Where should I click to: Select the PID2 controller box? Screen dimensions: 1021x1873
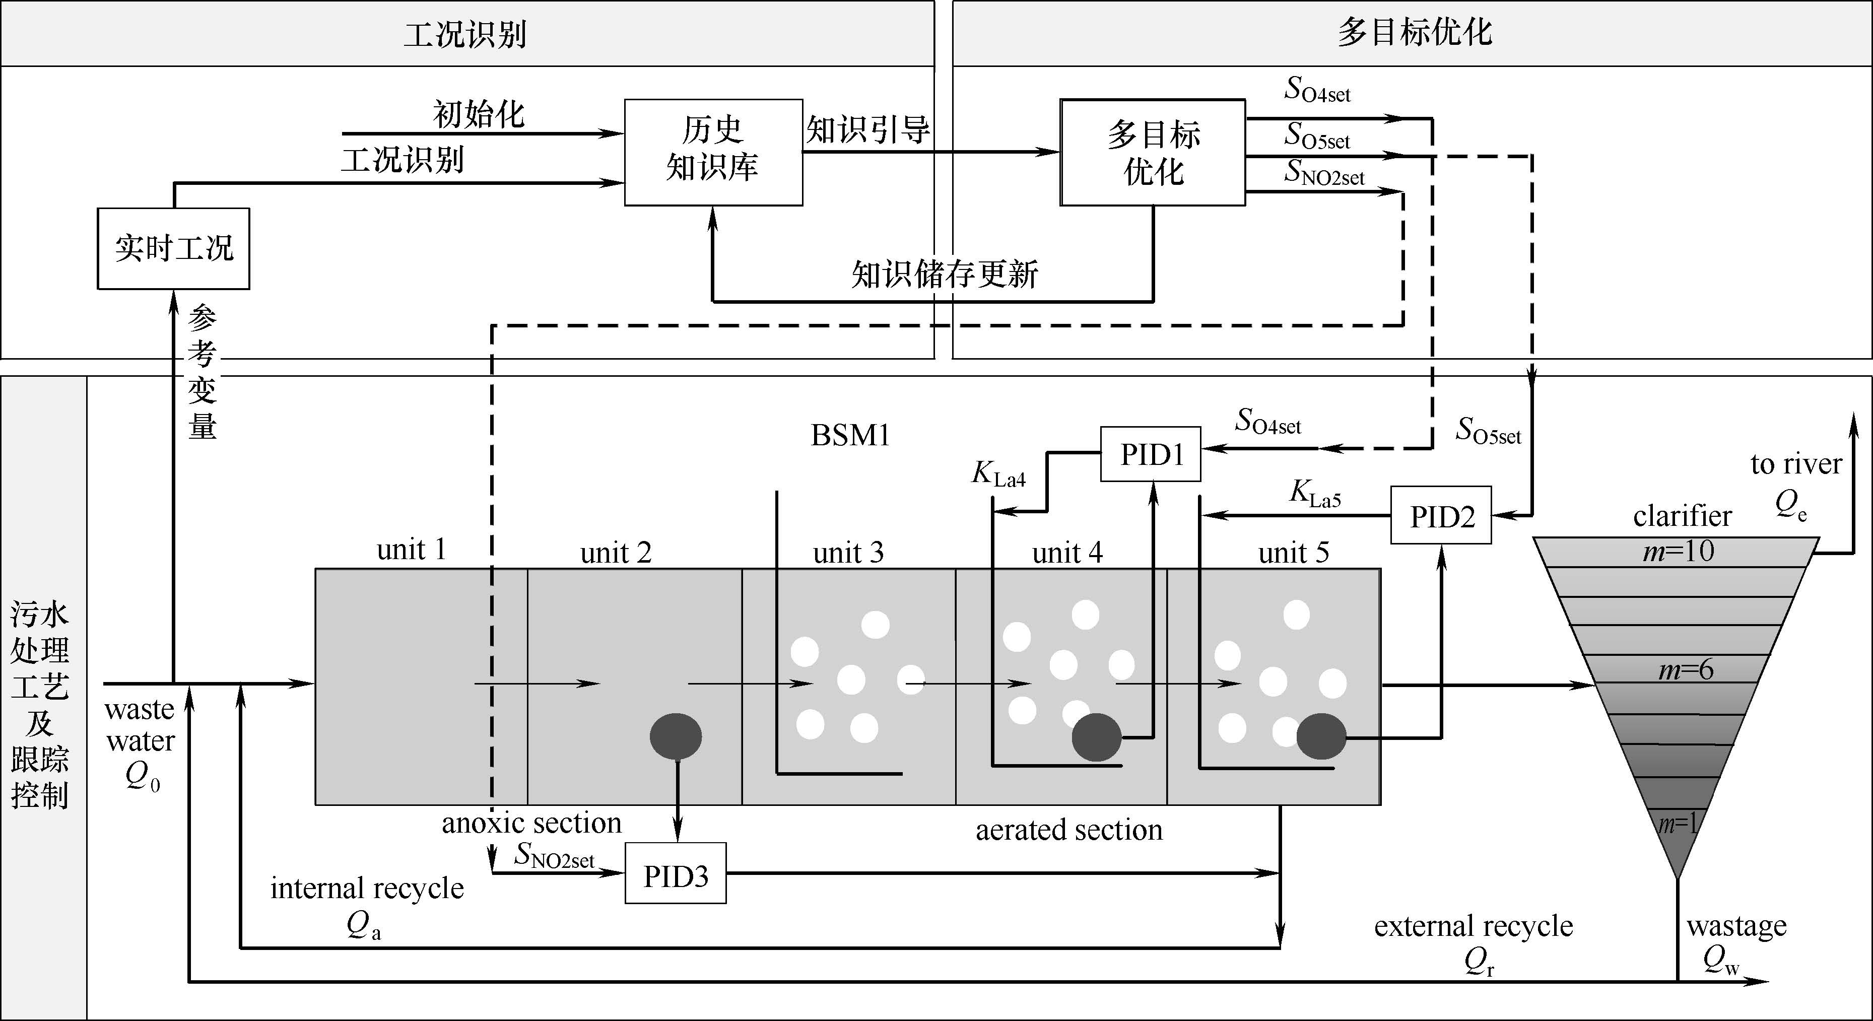point(1441,516)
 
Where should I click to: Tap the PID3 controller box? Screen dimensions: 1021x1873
point(676,873)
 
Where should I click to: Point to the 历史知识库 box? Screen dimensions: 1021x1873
point(713,152)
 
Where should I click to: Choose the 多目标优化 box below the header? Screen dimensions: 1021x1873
point(1153,153)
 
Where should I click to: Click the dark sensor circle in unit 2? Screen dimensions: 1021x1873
point(676,736)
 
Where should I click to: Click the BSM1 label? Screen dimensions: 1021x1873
point(850,435)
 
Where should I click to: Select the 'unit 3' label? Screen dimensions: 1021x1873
point(848,553)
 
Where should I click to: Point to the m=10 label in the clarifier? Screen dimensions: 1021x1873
point(1678,551)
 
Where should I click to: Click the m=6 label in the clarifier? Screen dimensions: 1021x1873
point(1686,669)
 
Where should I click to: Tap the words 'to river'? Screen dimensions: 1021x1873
point(1796,464)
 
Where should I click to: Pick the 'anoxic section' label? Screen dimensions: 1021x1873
point(531,823)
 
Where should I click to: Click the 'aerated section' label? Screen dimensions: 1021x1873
point(1069,830)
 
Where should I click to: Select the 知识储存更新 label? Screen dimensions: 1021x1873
point(945,274)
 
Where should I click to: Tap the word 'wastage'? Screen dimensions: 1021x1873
point(1736,926)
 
